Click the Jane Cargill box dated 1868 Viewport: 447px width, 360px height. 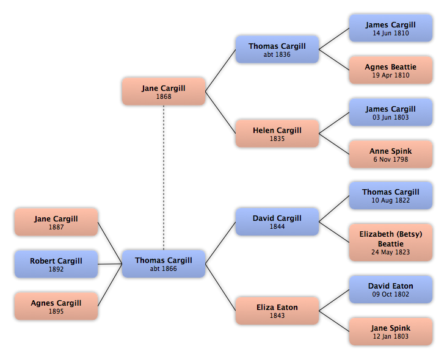coord(164,92)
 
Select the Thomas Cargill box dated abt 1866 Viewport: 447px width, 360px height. coord(164,264)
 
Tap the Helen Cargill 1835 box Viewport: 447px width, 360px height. coord(277,134)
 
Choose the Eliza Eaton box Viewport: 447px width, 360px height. coord(277,311)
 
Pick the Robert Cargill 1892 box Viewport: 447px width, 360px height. coord(56,264)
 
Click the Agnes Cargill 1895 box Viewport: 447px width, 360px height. coord(56,306)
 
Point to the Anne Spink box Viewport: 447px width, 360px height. coord(391,154)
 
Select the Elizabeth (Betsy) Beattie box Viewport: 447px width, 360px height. coord(391,242)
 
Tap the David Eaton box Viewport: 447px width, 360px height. coord(391,289)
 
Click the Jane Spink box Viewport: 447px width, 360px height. coord(391,331)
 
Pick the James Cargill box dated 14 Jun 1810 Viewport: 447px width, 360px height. coord(391,28)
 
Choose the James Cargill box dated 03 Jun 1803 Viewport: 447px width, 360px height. coord(391,112)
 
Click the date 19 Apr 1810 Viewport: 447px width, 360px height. coord(391,75)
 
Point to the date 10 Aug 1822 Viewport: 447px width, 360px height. coord(391,200)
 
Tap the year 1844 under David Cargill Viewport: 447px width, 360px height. coord(277,227)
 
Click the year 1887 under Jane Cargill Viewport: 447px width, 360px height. coord(56,227)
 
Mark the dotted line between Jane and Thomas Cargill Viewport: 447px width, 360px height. coord(164,178)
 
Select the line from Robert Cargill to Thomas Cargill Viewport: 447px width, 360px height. coord(110,264)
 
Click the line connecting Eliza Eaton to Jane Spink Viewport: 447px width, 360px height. coord(334,321)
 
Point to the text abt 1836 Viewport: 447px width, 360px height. coord(277,54)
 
